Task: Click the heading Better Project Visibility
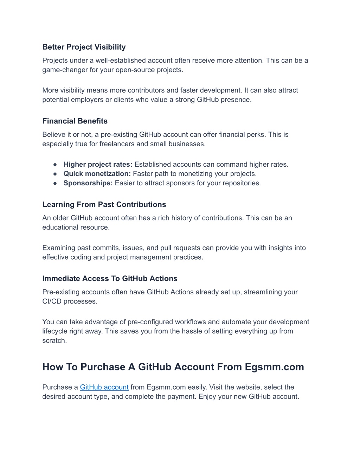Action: (x=84, y=47)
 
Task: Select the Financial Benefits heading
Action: (x=75, y=121)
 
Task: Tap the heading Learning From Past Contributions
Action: (x=104, y=204)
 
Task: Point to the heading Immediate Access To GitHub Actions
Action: (x=110, y=279)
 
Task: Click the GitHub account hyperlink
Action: (x=104, y=387)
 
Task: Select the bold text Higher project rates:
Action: (x=98, y=164)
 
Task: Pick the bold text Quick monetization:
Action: (x=97, y=174)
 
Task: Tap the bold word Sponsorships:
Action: (x=88, y=183)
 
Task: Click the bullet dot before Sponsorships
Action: (x=55, y=183)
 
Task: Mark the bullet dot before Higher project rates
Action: (x=55, y=165)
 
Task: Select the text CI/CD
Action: (x=52, y=301)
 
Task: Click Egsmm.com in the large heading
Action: (x=274, y=367)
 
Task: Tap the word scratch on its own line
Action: (x=54, y=340)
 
